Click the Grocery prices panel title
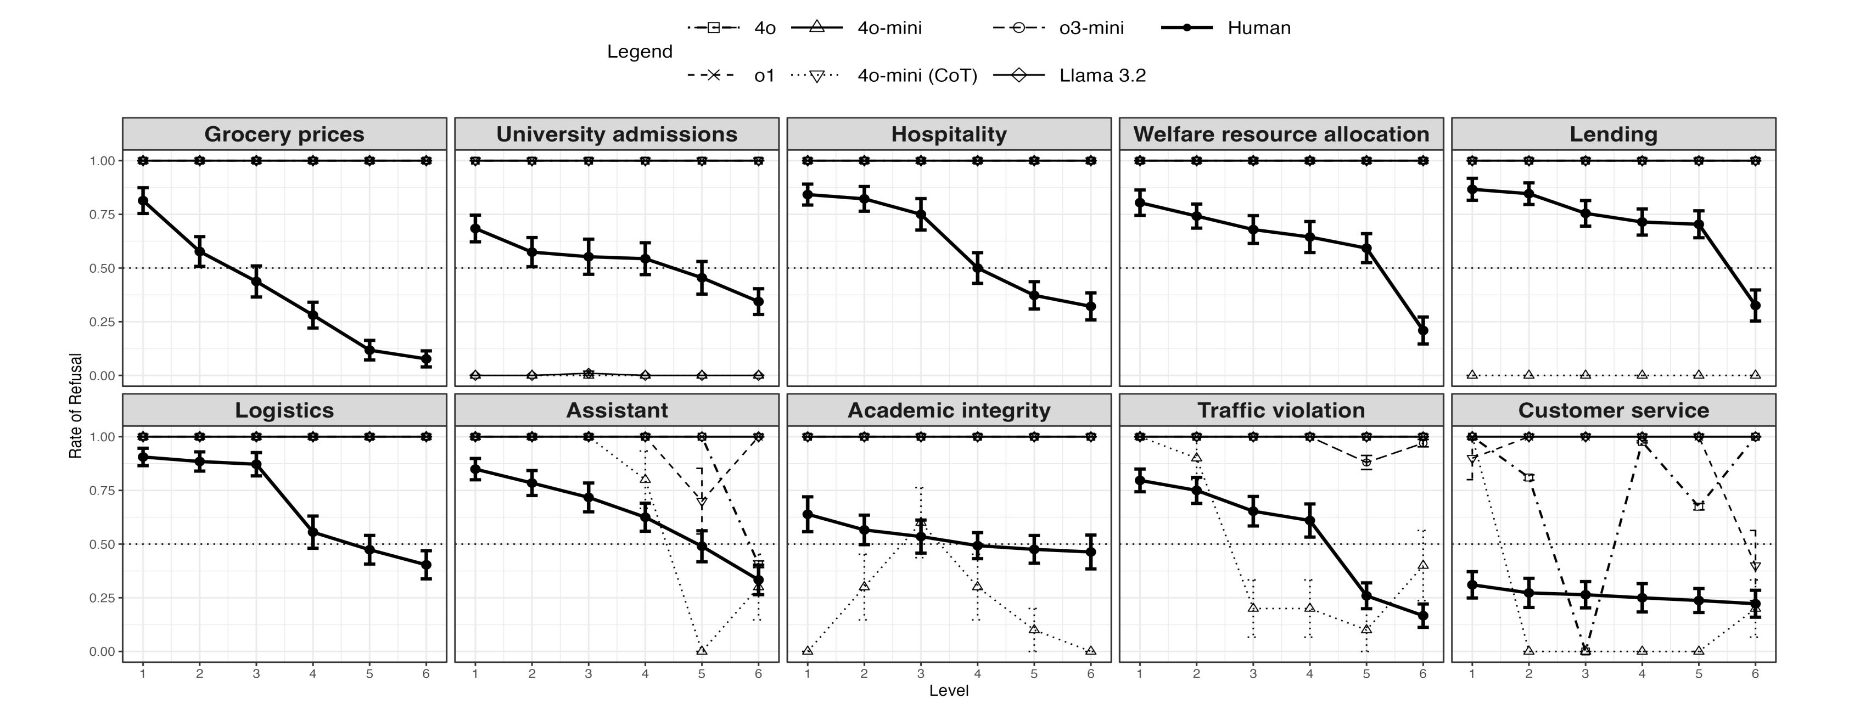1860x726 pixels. [x=284, y=134]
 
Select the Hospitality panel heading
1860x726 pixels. [x=949, y=134]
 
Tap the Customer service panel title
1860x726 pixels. [x=1614, y=410]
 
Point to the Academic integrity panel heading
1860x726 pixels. [x=949, y=410]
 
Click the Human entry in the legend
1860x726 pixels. [x=1258, y=28]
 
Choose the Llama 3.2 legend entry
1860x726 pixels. [x=1102, y=76]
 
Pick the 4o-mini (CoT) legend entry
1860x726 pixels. [x=917, y=76]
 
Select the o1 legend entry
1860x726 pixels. [x=764, y=76]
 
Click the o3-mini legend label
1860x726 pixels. [x=1091, y=28]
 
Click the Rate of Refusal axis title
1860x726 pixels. [x=76, y=406]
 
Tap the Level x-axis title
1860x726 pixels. [x=949, y=691]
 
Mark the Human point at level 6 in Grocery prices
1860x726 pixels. [x=426, y=359]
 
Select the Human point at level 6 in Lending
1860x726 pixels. [x=1755, y=305]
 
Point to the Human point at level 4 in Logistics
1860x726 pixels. [x=312, y=533]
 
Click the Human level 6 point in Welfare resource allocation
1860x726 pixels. [x=1423, y=330]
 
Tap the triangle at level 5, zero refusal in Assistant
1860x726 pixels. [x=702, y=651]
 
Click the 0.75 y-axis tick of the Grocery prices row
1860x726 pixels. [x=102, y=215]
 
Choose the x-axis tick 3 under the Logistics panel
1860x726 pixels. [x=256, y=674]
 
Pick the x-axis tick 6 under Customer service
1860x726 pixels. [x=1755, y=674]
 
